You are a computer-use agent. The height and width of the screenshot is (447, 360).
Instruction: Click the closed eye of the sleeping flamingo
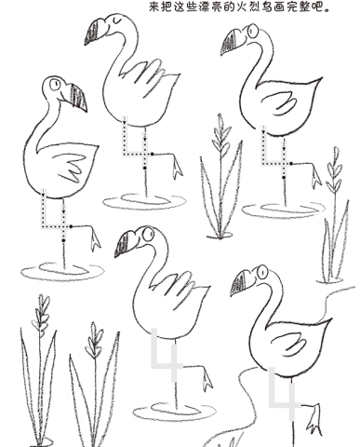(117, 20)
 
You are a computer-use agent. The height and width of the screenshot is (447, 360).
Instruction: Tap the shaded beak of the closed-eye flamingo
(94, 32)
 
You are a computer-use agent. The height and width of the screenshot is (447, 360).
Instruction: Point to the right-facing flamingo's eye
(55, 84)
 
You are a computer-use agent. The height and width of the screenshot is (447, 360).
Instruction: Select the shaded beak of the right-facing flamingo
(78, 98)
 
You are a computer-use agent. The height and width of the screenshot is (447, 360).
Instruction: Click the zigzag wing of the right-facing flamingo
(71, 167)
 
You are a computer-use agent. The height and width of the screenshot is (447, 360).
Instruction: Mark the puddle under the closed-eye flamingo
(144, 201)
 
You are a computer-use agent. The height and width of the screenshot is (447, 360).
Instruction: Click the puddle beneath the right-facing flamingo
(62, 272)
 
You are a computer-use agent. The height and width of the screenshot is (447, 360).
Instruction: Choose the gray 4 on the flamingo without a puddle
(284, 393)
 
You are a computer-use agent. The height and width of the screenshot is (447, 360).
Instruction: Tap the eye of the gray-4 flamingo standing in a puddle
(148, 235)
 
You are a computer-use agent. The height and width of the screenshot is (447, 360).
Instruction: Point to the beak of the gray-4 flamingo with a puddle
(125, 245)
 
